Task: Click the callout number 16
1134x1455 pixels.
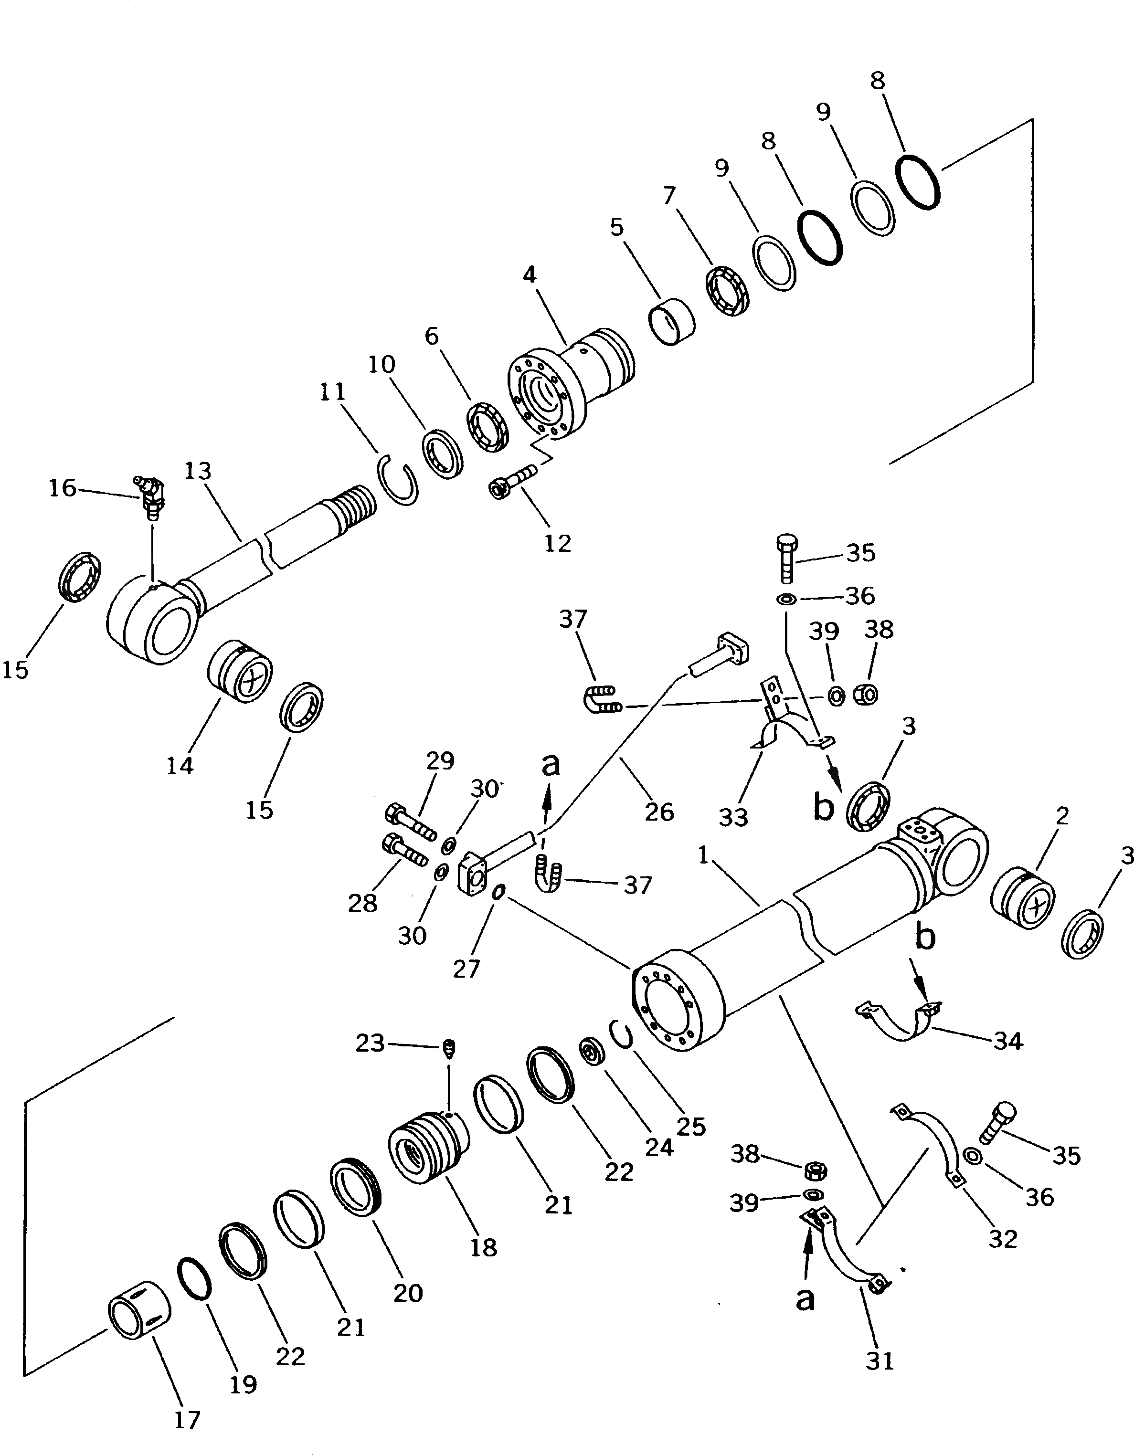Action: tap(63, 488)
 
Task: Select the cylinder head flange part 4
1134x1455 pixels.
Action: tap(566, 386)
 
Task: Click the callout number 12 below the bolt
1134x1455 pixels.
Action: tap(558, 544)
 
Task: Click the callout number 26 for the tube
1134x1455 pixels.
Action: tap(659, 812)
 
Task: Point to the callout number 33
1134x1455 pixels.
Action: tap(733, 817)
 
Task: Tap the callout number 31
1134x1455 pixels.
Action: tap(880, 1360)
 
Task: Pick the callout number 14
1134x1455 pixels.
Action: tap(180, 766)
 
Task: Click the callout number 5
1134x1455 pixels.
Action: tap(617, 227)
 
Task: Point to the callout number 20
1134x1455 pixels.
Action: tap(408, 1293)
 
